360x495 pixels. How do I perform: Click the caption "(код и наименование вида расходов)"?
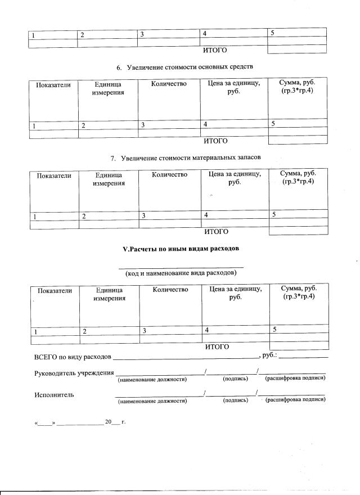coord(181,272)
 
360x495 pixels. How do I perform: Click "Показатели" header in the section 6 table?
coord(53,85)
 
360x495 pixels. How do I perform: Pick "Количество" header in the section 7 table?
coord(169,175)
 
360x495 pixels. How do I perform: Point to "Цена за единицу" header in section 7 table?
coord(235,179)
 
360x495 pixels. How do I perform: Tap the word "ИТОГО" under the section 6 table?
coord(215,141)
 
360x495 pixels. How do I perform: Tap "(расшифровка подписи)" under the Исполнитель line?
coord(295,400)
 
